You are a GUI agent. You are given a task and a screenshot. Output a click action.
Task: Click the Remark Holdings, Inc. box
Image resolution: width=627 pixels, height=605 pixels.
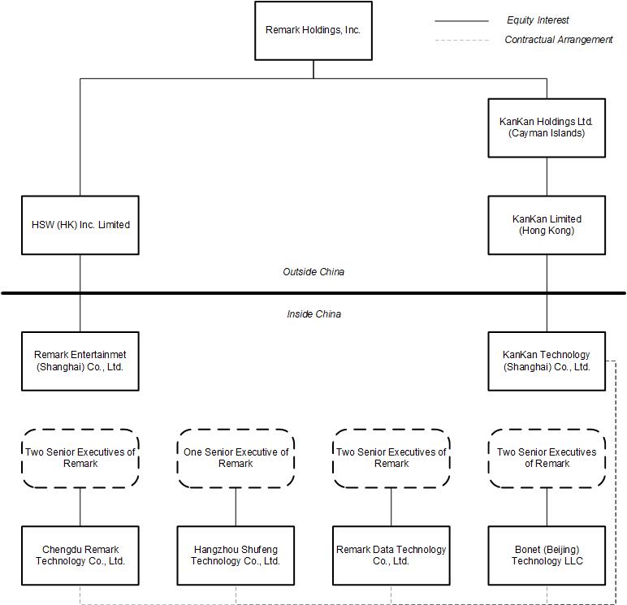click(313, 30)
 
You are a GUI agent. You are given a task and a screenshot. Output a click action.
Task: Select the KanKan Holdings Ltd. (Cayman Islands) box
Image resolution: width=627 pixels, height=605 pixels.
click(547, 127)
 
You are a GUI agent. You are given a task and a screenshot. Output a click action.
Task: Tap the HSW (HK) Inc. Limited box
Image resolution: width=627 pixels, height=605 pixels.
click(80, 225)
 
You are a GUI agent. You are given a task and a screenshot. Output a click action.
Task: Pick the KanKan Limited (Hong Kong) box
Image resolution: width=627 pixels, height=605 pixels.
click(547, 225)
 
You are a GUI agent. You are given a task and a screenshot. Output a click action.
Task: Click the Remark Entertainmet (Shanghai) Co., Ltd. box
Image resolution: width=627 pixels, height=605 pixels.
click(80, 361)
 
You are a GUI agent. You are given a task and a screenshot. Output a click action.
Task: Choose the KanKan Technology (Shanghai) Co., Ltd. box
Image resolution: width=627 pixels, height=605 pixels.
click(547, 361)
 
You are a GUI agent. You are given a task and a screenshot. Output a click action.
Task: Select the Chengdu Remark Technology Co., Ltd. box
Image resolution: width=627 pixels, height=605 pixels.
click(80, 555)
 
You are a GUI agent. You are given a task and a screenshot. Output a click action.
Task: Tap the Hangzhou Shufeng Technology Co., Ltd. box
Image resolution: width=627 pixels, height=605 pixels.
click(236, 555)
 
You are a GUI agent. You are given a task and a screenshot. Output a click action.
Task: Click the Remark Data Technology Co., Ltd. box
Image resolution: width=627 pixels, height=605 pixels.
click(391, 555)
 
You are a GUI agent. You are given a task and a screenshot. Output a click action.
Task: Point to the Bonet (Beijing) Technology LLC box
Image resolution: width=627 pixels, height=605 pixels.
click(547, 555)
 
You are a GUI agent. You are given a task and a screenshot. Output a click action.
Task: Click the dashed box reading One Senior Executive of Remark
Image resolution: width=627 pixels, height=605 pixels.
click(236, 458)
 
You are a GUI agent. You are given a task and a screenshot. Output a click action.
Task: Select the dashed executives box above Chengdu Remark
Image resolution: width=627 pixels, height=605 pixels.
click(80, 458)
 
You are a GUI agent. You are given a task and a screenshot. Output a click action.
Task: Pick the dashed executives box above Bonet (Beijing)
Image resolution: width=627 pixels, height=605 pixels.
click(547, 458)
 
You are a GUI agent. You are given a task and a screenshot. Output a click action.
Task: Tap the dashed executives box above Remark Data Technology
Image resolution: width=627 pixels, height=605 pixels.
click(391, 458)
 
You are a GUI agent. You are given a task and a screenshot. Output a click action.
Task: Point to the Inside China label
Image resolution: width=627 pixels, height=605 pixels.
click(313, 314)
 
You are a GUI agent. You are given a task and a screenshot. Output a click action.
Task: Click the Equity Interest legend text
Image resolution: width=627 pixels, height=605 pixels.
click(538, 20)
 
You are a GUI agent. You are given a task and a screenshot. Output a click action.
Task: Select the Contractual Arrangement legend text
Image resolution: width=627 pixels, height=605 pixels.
click(558, 40)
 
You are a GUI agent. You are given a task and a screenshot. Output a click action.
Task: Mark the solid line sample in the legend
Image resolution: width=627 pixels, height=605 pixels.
click(461, 21)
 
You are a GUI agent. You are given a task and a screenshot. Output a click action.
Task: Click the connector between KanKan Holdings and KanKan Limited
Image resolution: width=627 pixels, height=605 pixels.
click(547, 176)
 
